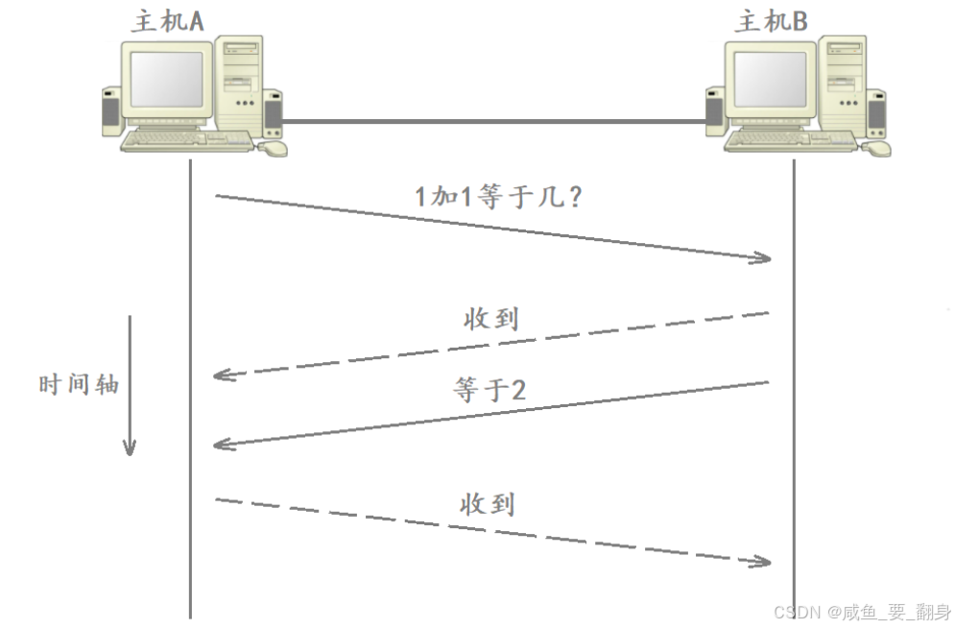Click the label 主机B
(x=771, y=19)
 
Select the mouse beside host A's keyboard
(x=275, y=148)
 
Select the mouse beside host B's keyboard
(x=876, y=148)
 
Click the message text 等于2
(x=489, y=390)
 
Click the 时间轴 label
(x=79, y=384)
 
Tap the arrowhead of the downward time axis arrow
(x=130, y=448)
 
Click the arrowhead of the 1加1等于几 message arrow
(x=763, y=257)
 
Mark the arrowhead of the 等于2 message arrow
(x=222, y=444)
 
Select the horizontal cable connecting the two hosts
(x=493, y=122)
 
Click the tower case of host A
(x=239, y=82)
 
